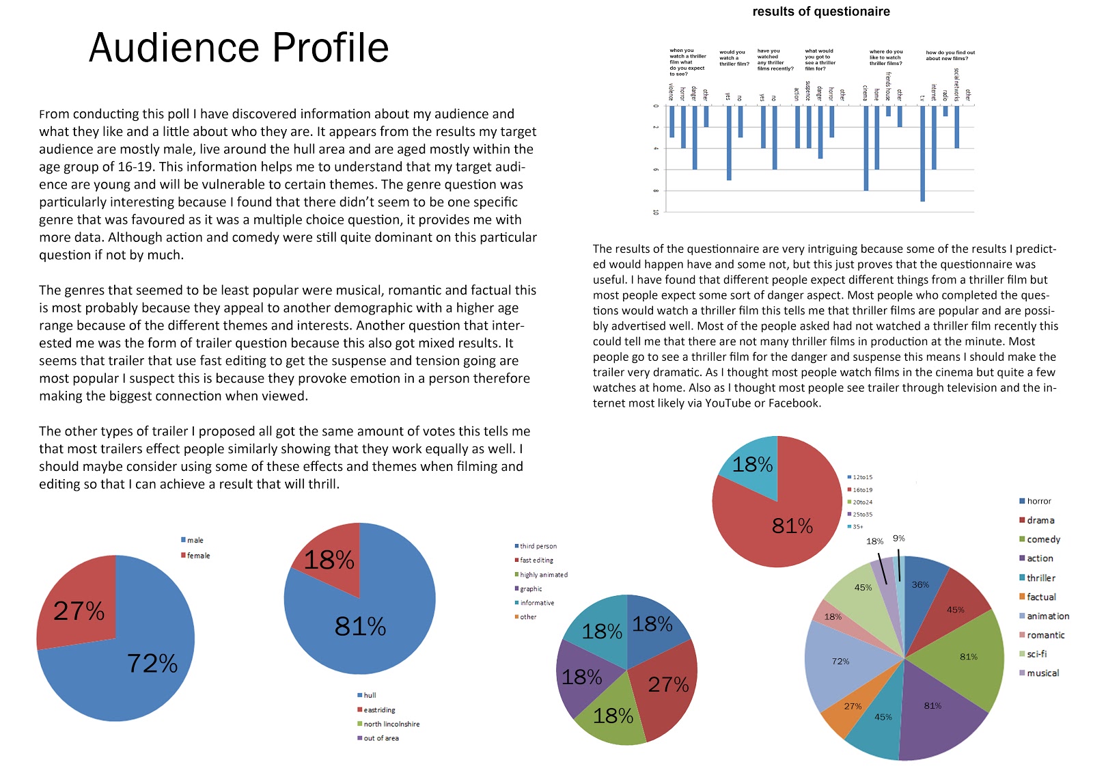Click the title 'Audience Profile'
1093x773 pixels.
click(238, 48)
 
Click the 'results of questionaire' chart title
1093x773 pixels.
click(820, 12)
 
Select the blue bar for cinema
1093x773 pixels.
click(866, 147)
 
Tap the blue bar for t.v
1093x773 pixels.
click(922, 153)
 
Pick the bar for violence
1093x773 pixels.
click(672, 122)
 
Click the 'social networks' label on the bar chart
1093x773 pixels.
click(956, 85)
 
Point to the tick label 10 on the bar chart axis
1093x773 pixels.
click(656, 212)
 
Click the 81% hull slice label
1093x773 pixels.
click(360, 626)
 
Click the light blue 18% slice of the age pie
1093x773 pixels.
click(752, 465)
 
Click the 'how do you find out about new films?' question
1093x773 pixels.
click(950, 55)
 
